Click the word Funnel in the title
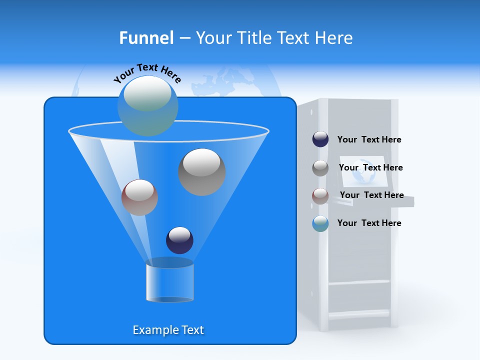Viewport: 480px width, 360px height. (146, 38)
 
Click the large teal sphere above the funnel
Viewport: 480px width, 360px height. (148, 106)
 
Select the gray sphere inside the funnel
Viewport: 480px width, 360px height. (202, 172)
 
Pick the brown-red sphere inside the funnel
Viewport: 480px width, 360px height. (140, 197)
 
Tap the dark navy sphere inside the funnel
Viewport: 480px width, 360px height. (180, 240)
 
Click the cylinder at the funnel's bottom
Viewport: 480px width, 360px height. (170, 280)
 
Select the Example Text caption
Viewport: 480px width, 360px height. (168, 330)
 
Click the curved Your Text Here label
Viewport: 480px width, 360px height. (147, 73)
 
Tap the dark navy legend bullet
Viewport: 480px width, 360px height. (320, 139)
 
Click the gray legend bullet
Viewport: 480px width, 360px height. (320, 168)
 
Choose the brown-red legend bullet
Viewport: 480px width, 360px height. (320, 195)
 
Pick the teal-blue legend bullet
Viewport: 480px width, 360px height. (320, 223)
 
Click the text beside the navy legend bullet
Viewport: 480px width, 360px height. (369, 140)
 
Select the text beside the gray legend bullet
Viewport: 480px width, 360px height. (370, 168)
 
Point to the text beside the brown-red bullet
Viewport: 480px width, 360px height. (371, 195)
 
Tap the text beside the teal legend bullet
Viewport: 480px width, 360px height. (369, 223)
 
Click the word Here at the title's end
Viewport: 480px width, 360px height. (333, 38)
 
